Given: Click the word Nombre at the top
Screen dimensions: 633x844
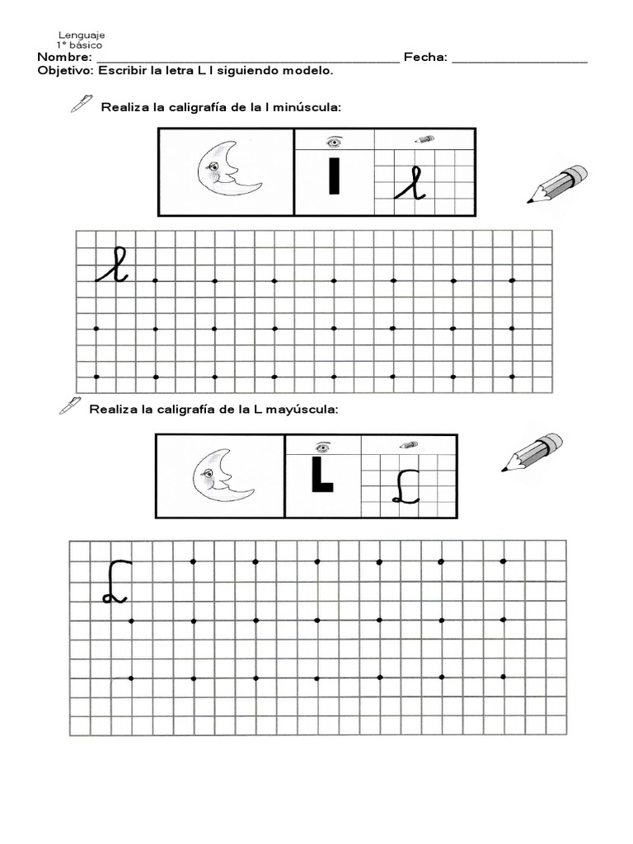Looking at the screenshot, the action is tap(63, 58).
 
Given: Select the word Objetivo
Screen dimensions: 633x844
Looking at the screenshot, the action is tap(65, 71).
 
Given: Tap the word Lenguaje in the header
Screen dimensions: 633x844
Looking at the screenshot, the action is tap(81, 35).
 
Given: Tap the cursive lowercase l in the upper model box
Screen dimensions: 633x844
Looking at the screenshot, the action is tap(410, 183).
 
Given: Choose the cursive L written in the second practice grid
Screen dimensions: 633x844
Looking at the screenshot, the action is tap(115, 582).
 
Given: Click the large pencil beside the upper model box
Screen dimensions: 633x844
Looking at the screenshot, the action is tap(557, 184).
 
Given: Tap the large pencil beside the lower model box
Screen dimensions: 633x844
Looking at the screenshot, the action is tap(532, 452).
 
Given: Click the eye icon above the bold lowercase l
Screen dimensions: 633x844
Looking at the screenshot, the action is tap(334, 140).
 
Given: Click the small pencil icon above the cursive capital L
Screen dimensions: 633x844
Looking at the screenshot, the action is tap(408, 445).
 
